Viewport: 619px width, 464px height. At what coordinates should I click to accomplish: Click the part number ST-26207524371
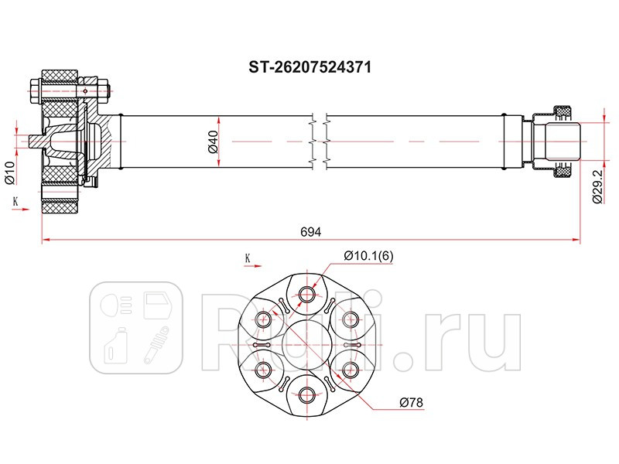[x=309, y=67]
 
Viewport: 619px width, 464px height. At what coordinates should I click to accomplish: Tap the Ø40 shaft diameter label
[x=211, y=142]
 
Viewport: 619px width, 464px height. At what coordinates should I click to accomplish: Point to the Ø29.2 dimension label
[x=597, y=186]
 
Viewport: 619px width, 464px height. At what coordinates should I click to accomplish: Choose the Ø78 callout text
[x=409, y=402]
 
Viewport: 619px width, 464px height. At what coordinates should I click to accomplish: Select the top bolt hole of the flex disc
[x=307, y=293]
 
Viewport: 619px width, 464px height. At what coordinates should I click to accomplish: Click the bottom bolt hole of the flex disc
[x=307, y=394]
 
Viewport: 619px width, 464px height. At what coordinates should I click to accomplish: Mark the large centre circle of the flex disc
[x=307, y=343]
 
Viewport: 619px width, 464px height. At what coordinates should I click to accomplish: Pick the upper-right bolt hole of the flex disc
[x=351, y=318]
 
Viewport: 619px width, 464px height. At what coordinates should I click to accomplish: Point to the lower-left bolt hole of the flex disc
[x=264, y=368]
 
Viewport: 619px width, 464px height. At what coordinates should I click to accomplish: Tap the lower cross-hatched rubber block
[x=60, y=205]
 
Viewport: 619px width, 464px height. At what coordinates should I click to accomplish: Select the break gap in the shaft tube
[x=319, y=141]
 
